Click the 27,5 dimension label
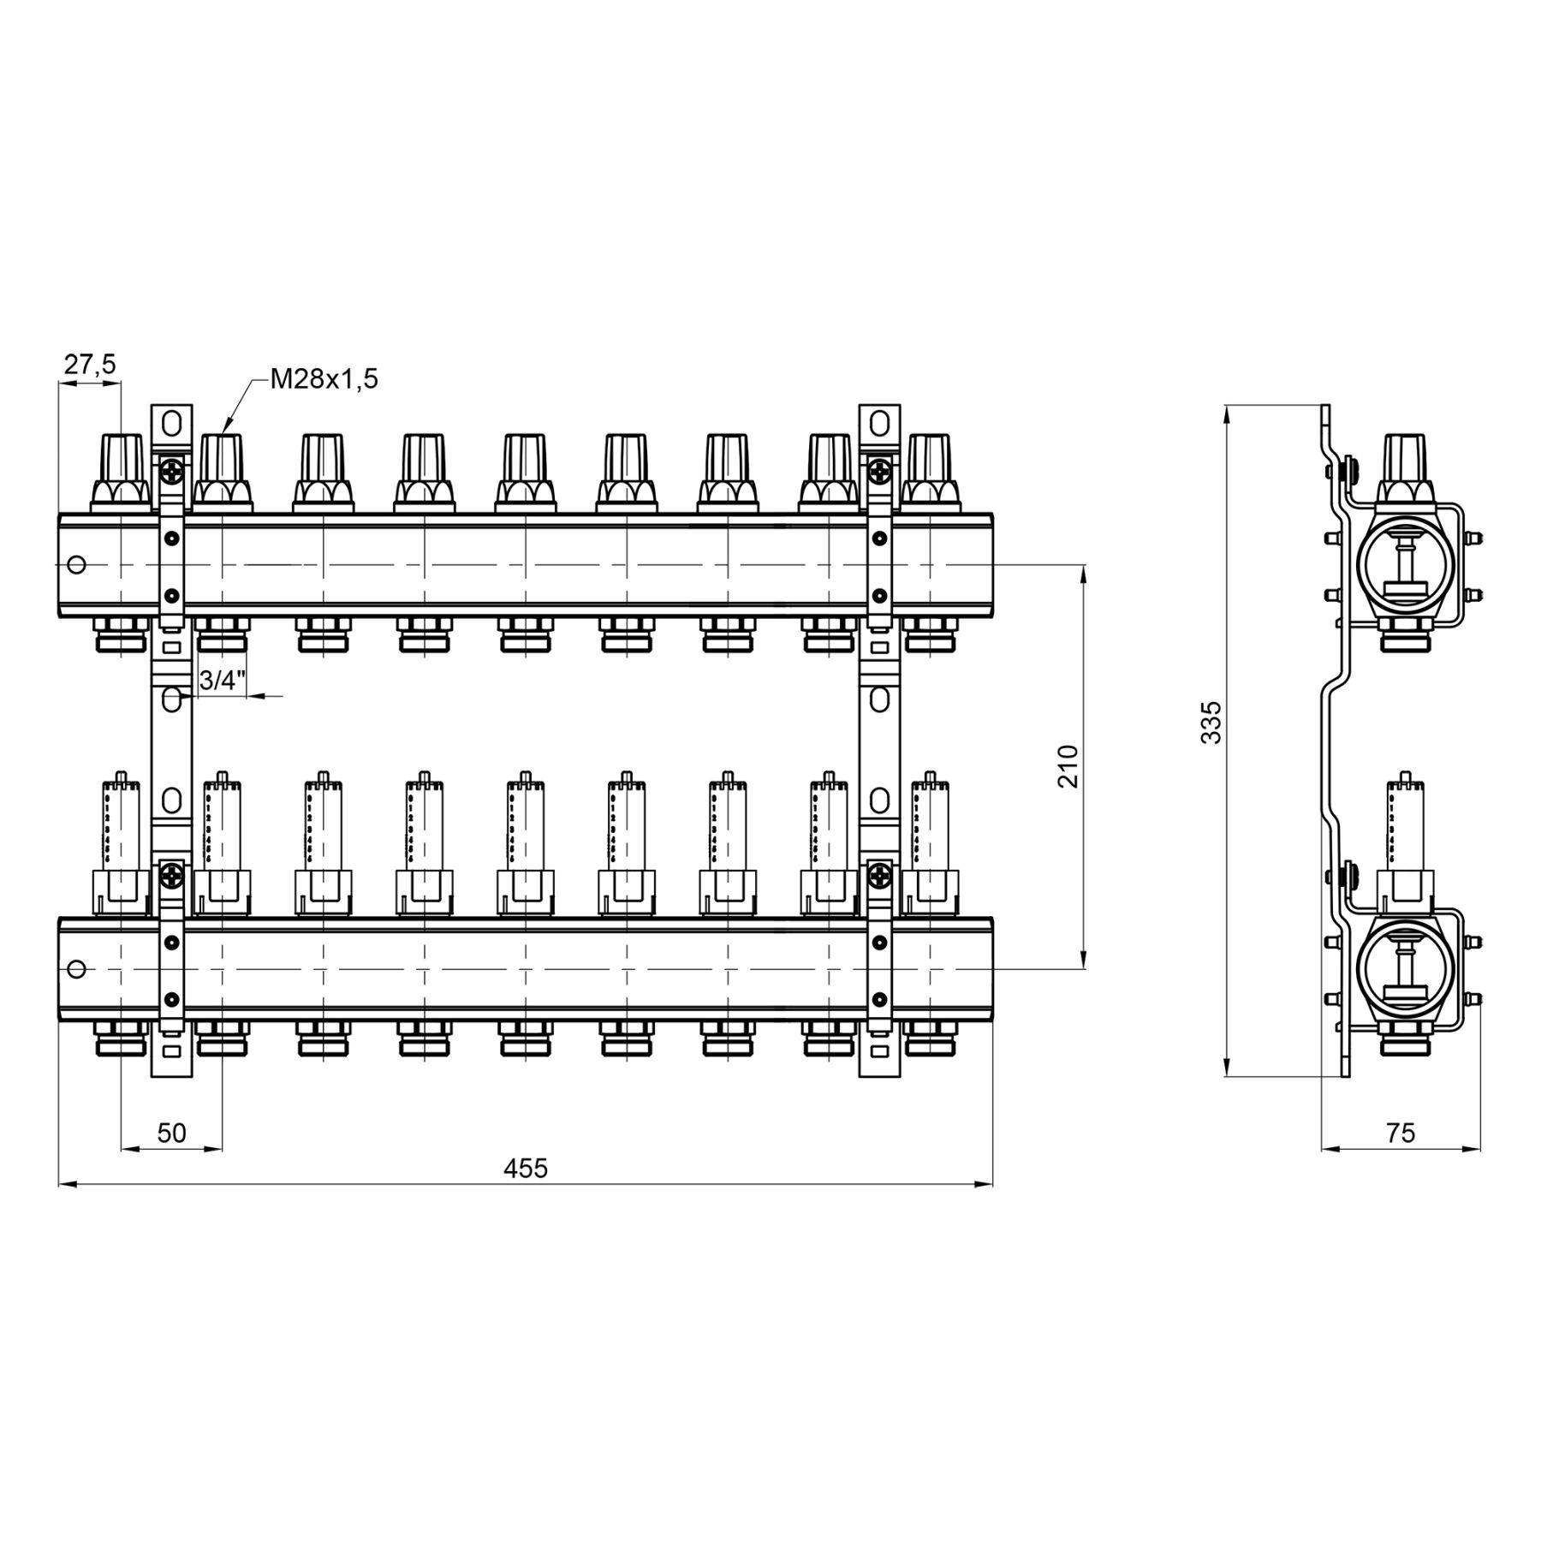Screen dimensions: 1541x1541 coord(89,365)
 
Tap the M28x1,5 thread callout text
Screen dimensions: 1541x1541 coord(324,379)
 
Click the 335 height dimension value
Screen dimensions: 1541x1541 coord(1211,723)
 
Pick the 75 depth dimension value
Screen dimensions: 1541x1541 coord(1401,1133)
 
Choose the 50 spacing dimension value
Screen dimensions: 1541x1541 coord(172,1133)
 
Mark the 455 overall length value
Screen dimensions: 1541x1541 coord(525,1168)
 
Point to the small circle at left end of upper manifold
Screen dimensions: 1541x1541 coord(76,565)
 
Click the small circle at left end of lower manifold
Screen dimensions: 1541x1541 coord(76,969)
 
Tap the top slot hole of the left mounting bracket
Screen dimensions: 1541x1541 coord(171,423)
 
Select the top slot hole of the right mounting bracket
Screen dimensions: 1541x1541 coord(879,423)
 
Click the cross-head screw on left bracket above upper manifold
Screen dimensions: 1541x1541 coord(172,469)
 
